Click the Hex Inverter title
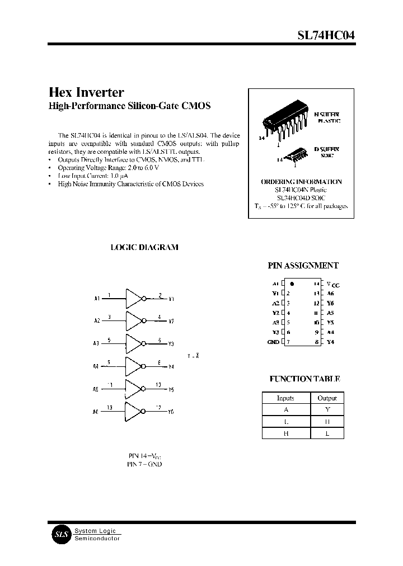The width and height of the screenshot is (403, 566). point(87,92)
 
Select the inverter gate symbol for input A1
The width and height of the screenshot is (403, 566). point(135,299)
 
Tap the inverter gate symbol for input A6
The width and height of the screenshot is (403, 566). point(135,411)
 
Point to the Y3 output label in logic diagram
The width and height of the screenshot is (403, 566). point(171,344)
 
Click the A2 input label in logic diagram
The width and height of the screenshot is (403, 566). point(97,321)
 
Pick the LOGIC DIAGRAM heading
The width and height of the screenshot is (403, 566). point(144,247)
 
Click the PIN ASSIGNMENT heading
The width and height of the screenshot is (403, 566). point(304,266)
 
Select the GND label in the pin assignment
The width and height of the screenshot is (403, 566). point(273,342)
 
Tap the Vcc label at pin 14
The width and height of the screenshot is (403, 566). point(332,285)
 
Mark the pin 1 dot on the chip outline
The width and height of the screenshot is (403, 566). point(292,284)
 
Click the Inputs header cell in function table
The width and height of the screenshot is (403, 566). point(285,398)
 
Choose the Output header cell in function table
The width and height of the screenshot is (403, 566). point(327,398)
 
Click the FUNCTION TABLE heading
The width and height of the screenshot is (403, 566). point(304,379)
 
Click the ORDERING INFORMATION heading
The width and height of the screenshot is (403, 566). point(301,182)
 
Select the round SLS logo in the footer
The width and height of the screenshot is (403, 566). point(60,534)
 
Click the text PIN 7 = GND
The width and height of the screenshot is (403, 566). point(144,465)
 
